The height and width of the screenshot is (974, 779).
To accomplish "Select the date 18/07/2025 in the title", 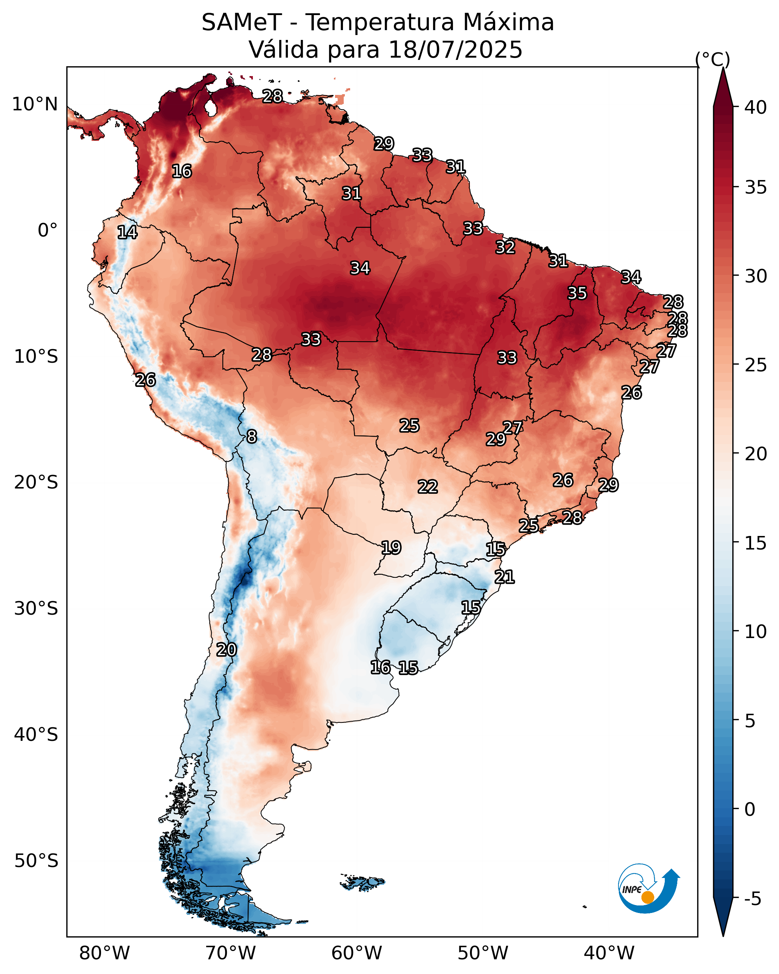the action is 455,50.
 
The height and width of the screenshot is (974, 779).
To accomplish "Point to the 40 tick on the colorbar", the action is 756,107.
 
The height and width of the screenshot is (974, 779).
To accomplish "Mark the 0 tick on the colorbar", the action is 750,809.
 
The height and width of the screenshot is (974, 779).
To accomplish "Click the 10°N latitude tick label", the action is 35,104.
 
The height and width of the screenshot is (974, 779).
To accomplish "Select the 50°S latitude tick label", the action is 36,861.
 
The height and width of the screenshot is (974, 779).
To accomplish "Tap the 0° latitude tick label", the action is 48,231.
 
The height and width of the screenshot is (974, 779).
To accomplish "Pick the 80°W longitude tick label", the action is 104,953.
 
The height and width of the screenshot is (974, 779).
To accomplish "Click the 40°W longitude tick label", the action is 609,953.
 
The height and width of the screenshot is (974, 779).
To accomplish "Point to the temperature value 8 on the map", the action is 252,437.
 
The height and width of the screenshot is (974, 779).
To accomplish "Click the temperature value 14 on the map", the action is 127,232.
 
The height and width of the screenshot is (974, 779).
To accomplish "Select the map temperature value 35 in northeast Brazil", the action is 577,293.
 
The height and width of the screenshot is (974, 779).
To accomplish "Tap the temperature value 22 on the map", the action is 428,487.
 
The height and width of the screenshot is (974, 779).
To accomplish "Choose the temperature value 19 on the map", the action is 391,548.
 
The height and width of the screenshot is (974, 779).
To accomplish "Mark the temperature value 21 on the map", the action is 505,577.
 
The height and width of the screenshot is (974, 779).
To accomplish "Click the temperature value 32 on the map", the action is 505,247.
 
